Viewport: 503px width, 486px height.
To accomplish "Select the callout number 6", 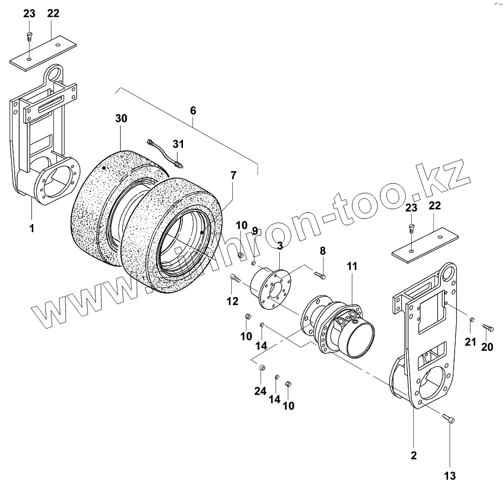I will pyautogui.click(x=193, y=110).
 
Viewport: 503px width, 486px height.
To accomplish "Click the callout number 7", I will pyautogui.click(x=233, y=176).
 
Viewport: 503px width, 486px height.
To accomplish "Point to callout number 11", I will pyautogui.click(x=351, y=266).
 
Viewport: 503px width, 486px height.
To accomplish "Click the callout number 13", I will pyautogui.click(x=450, y=475).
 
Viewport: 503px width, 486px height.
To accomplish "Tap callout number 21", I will pyautogui.click(x=470, y=342).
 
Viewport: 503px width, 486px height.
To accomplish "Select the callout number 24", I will pyautogui.click(x=260, y=391).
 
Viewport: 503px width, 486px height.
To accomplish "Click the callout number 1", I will pyautogui.click(x=31, y=229).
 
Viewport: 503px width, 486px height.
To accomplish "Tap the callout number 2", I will pyautogui.click(x=413, y=456).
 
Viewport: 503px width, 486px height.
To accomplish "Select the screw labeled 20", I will pyautogui.click(x=487, y=328).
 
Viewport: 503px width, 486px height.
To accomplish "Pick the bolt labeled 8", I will pyautogui.click(x=321, y=276).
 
